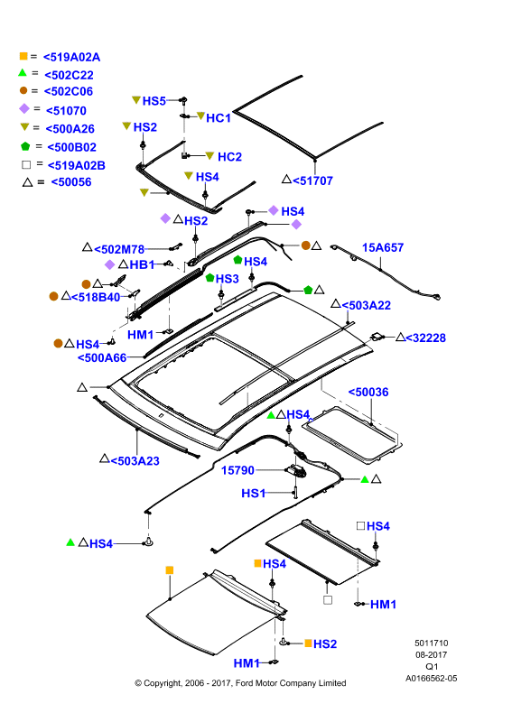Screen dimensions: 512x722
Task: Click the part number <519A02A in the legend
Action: (x=71, y=57)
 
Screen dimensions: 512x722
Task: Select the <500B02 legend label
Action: (x=72, y=147)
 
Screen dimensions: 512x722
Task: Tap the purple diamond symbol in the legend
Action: (x=24, y=108)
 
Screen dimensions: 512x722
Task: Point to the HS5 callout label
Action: (x=154, y=101)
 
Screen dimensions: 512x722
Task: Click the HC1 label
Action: (x=219, y=118)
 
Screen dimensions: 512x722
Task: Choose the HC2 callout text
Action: (x=229, y=156)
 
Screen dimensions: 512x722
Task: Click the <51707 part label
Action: (x=312, y=180)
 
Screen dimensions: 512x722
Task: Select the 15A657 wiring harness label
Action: (x=383, y=247)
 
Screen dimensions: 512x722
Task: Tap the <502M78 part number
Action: (x=119, y=249)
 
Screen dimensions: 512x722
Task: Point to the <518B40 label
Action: (x=96, y=297)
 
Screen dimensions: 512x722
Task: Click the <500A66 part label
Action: (x=102, y=357)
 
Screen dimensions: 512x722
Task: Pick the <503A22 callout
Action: (x=367, y=305)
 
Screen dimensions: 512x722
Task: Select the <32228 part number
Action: (x=426, y=338)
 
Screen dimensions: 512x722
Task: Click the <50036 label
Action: (x=368, y=392)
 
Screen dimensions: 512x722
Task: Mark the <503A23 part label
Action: (x=135, y=461)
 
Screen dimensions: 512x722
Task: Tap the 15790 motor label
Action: (x=237, y=470)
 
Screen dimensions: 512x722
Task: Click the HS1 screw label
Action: (x=254, y=493)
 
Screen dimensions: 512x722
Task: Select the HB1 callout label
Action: (x=142, y=264)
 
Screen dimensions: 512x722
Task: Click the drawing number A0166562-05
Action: (x=432, y=679)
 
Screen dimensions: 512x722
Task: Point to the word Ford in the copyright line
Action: (x=245, y=683)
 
